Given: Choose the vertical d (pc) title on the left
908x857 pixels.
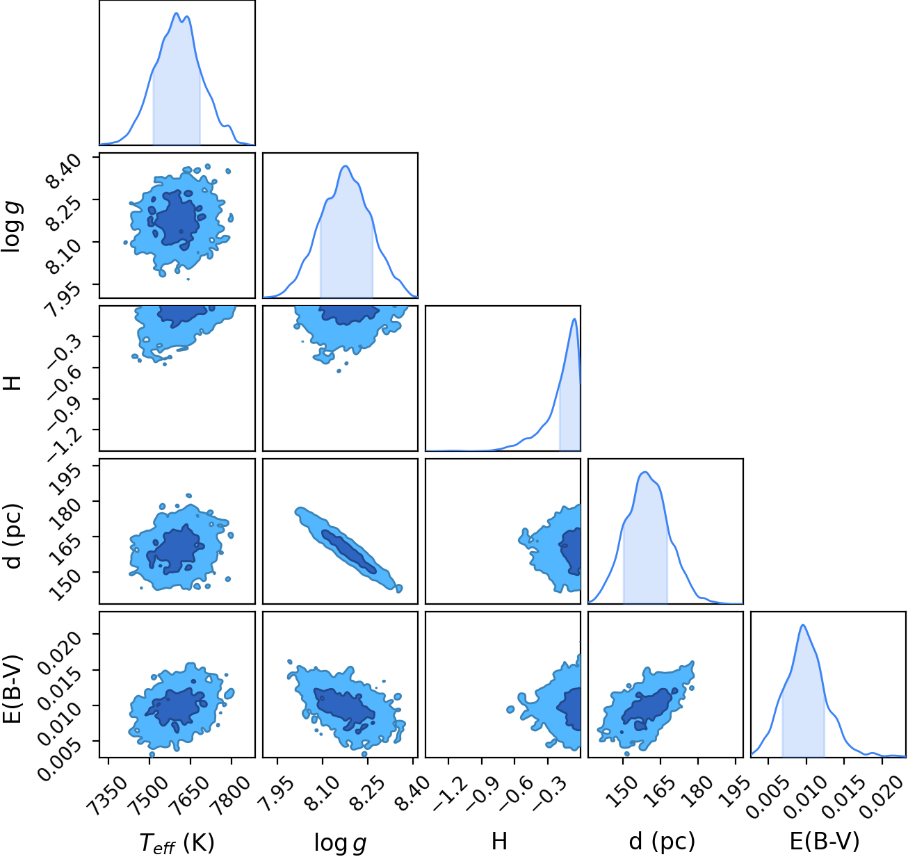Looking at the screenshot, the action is point(13,536).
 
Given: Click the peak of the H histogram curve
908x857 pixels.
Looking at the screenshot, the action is point(575,318).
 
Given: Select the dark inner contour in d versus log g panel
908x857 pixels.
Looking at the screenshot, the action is point(348,550).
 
